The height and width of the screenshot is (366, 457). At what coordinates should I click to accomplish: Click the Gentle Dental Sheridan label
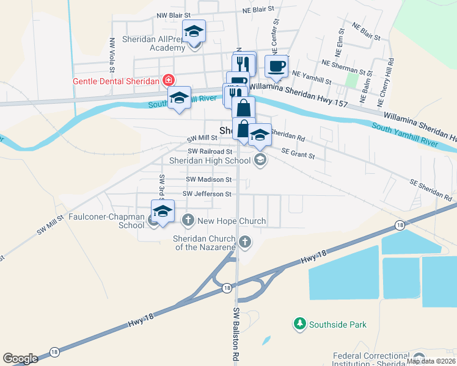click(x=116, y=81)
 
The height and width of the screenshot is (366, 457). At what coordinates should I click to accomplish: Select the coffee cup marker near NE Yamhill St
click(x=276, y=66)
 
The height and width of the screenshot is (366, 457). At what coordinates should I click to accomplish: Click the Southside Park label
click(x=337, y=325)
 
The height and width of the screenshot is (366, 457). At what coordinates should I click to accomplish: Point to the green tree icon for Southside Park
click(x=300, y=323)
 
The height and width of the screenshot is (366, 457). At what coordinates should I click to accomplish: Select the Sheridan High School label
click(x=210, y=160)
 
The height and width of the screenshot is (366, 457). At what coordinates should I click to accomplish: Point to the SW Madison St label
click(x=210, y=180)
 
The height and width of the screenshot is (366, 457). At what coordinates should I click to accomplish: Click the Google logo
click(x=21, y=358)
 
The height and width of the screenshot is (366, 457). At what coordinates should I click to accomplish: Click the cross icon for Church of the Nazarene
click(x=246, y=242)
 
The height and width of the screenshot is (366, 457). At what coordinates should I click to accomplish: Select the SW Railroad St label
click(x=210, y=151)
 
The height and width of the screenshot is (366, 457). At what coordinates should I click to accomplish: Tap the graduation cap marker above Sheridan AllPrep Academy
click(x=194, y=30)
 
